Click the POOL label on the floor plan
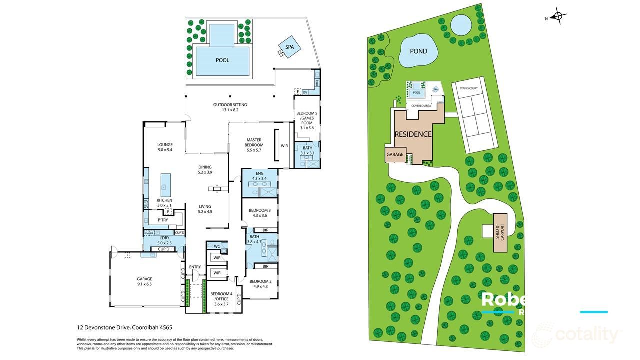(x=222, y=60)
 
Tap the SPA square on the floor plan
(x=289, y=47)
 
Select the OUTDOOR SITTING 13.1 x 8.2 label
(x=230, y=107)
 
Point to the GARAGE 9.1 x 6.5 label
(x=144, y=281)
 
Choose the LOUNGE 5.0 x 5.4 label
(x=164, y=147)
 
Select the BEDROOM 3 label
(x=259, y=213)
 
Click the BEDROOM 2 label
(x=259, y=283)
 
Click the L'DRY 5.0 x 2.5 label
(x=164, y=240)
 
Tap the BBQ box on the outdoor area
(x=317, y=81)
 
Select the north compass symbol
(x=560, y=17)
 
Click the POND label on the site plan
(x=419, y=51)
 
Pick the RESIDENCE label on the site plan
(x=413, y=134)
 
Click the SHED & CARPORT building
(x=500, y=232)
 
